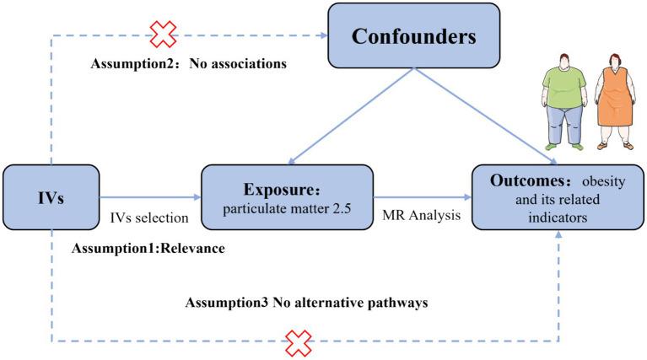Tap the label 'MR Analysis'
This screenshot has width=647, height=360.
pyautogui.click(x=423, y=216)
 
